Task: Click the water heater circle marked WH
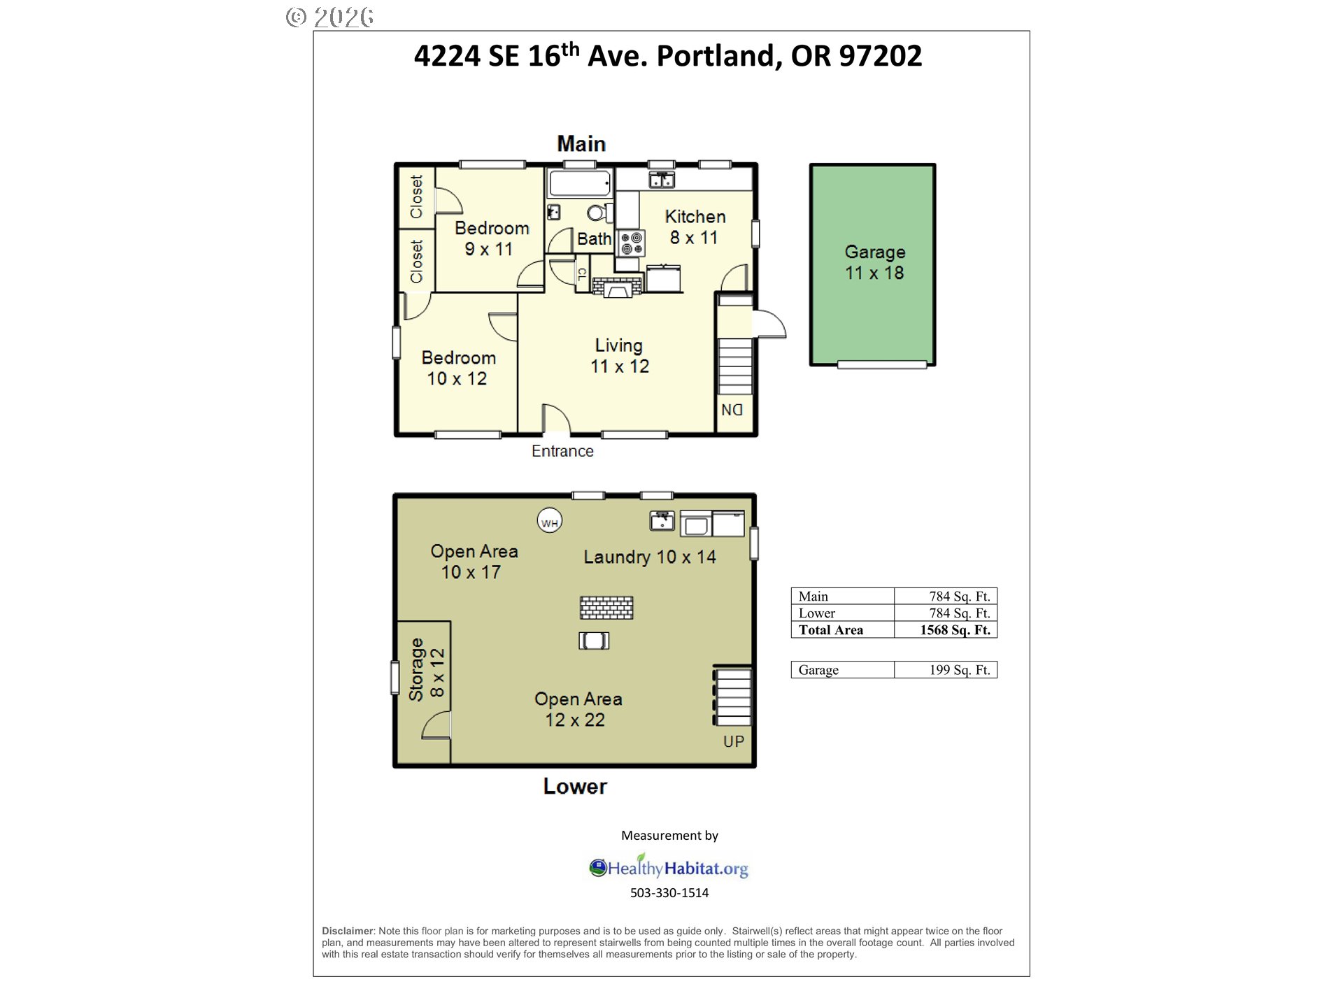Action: pos(550,521)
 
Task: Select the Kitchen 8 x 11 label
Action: pos(695,227)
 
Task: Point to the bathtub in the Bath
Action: pos(580,184)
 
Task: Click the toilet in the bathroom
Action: pos(599,213)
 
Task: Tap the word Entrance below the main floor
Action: pos(562,451)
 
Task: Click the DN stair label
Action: pos(732,410)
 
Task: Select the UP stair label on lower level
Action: pos(734,741)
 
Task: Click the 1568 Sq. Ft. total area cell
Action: pos(955,630)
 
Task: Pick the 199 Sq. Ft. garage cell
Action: pos(960,670)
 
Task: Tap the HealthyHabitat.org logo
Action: pos(669,867)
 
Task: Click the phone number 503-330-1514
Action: pos(669,893)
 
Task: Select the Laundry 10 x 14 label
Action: pos(650,557)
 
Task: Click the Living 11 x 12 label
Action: pos(620,356)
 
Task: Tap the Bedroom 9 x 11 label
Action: pos(491,238)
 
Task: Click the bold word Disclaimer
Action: pos(348,931)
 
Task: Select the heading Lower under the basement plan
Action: pos(575,787)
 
